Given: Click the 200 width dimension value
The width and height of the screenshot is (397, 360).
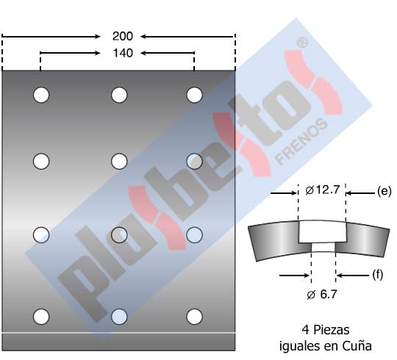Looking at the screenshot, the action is pyautogui.click(x=123, y=36).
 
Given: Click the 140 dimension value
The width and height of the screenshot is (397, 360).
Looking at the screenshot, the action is pyautogui.click(x=123, y=53).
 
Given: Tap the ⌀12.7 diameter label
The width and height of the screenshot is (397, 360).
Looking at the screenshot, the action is pyautogui.click(x=322, y=190).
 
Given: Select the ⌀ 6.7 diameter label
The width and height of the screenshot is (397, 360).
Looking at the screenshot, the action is pyautogui.click(x=322, y=294).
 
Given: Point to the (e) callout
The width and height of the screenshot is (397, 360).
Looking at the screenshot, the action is pyautogui.click(x=384, y=191).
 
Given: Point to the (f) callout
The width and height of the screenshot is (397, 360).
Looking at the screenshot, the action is pyautogui.click(x=377, y=275).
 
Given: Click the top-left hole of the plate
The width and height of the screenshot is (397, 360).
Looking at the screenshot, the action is pyautogui.click(x=41, y=95).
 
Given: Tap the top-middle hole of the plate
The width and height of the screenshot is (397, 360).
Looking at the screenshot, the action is pyautogui.click(x=119, y=95).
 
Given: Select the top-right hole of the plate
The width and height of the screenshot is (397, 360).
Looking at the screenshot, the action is pyautogui.click(x=194, y=95).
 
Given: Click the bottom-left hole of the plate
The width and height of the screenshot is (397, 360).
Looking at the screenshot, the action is pyautogui.click(x=41, y=317).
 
